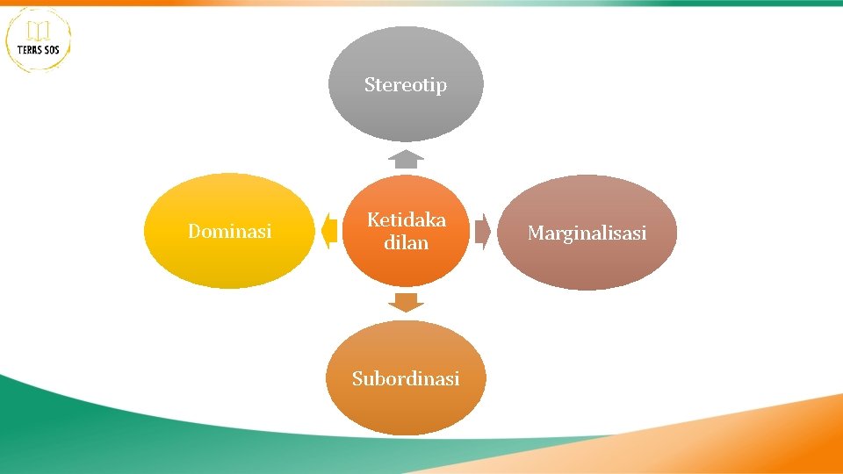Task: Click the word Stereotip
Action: [x=406, y=85]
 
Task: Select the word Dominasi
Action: [x=230, y=232]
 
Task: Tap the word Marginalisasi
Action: [x=587, y=233]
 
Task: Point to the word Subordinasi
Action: [x=406, y=379]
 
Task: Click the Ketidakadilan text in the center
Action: [x=406, y=231]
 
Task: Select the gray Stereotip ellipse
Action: [x=406, y=114]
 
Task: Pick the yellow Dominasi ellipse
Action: [x=230, y=259]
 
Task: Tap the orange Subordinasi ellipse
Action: [x=406, y=408]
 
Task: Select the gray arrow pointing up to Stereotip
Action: [x=406, y=159]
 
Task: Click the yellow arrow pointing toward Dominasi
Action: [x=329, y=231]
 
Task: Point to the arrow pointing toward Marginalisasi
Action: [x=482, y=231]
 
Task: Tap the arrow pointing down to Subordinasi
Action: [x=406, y=303]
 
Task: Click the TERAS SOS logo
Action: [x=39, y=39]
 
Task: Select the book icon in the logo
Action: [x=38, y=32]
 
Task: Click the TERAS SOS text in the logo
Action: [x=39, y=50]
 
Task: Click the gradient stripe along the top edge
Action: [x=421, y=3]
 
